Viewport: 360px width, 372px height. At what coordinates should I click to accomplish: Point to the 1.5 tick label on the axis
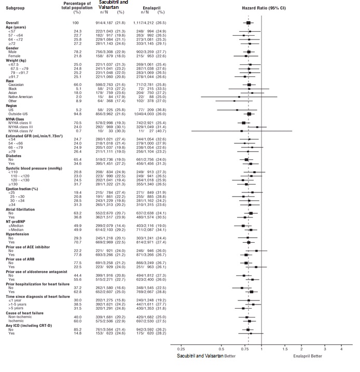click(x=285, y=349)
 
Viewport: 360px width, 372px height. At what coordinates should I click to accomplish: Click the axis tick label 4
click(x=341, y=349)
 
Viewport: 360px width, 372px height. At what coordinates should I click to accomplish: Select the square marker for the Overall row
click(x=248, y=23)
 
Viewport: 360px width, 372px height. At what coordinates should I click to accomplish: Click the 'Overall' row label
click(x=12, y=23)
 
